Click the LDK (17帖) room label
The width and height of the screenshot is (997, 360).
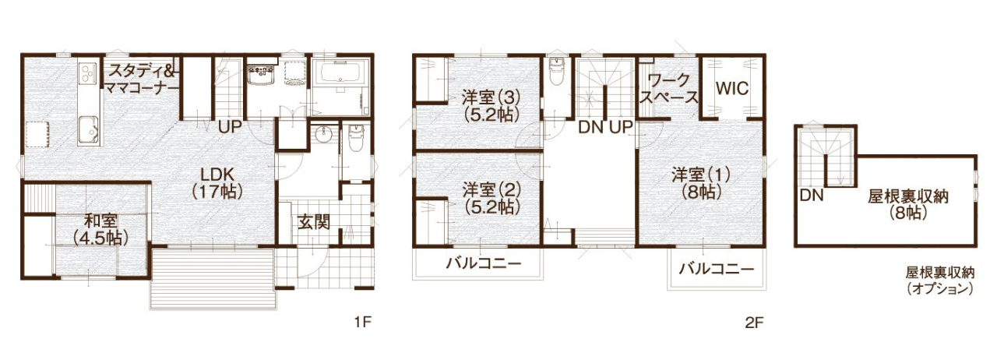pos(217,182)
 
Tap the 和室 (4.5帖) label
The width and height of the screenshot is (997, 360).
pos(101,230)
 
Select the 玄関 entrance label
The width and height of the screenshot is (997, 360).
pos(314,222)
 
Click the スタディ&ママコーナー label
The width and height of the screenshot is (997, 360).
pos(142,79)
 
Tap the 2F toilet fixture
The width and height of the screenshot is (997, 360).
pos(556,72)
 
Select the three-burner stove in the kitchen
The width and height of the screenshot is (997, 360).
pos(87,72)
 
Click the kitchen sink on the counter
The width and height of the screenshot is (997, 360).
pos(88,129)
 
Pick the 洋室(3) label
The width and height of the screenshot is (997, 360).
pos(491,106)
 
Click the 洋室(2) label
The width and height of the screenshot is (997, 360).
pos(491,199)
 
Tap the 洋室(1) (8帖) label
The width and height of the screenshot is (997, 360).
pos(701,182)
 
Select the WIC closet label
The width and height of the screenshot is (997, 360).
pos(732,88)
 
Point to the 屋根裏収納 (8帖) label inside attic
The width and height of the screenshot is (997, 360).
pos(908,204)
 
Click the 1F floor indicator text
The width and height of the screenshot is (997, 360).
pos(363,322)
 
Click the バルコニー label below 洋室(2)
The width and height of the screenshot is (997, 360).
pos(484,263)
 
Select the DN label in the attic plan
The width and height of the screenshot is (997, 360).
pos(812,195)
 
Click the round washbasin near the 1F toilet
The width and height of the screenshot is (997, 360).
pos(322,134)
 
